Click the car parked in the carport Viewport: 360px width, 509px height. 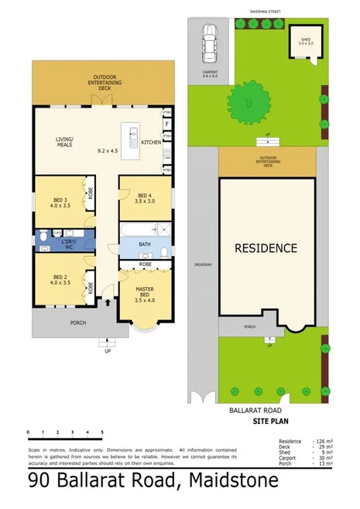208,44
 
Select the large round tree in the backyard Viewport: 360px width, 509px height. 247,101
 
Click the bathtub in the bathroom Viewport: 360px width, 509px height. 136,230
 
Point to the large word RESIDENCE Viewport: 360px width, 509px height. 266,248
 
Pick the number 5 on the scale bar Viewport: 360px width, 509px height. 101,432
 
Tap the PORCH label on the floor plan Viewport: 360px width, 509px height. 77,323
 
